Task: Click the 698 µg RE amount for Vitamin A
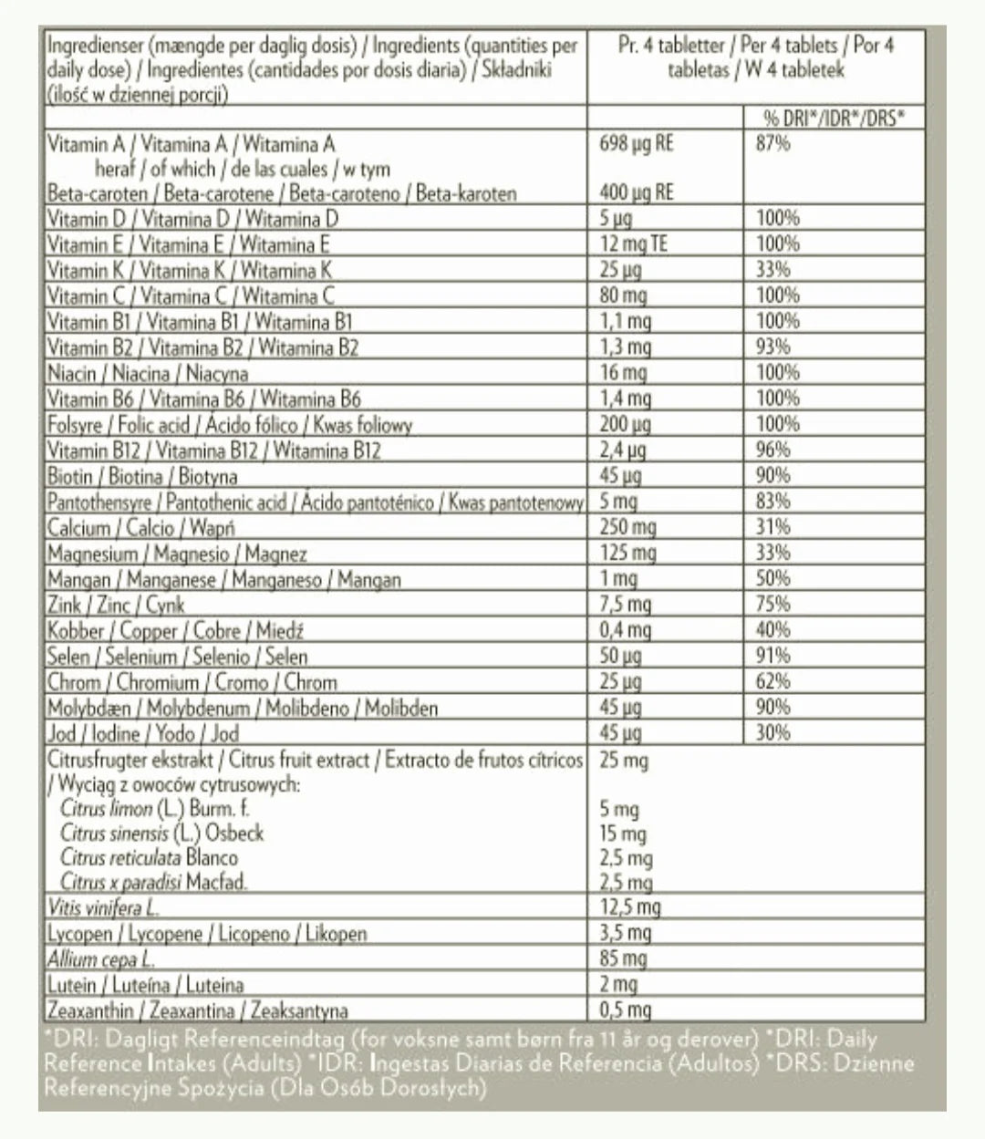[x=637, y=143]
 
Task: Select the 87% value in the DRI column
[x=772, y=143]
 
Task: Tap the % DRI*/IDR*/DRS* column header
[x=834, y=118]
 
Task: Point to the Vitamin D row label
[x=192, y=219]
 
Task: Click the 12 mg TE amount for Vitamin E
[x=633, y=244]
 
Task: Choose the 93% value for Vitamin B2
[x=772, y=347]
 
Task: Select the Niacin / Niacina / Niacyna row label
[x=148, y=373]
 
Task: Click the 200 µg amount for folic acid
[x=625, y=424]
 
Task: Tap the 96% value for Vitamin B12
[x=773, y=450]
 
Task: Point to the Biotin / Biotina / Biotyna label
[x=142, y=476]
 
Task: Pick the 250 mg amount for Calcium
[x=627, y=527]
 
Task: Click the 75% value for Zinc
[x=772, y=604]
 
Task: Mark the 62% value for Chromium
[x=772, y=681]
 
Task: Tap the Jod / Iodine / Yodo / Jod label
[x=143, y=733]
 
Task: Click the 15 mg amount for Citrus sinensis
[x=623, y=834]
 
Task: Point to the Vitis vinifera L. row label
[x=102, y=907]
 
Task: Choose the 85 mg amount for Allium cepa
[x=623, y=958]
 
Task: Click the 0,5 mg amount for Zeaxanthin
[x=626, y=1010]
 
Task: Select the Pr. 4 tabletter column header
[x=756, y=57]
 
